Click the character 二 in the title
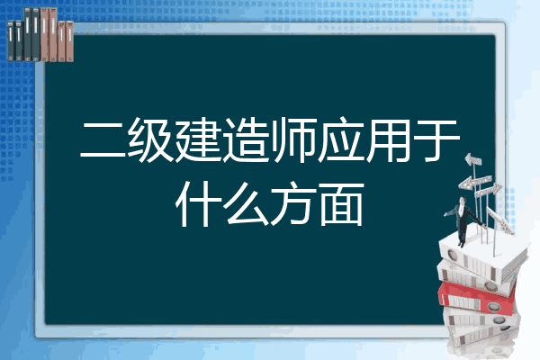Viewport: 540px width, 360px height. [103, 140]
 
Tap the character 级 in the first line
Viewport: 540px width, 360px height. [149, 139]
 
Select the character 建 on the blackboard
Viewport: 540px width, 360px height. [197, 139]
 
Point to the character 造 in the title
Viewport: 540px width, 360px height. [245, 139]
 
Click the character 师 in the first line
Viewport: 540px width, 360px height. [292, 139]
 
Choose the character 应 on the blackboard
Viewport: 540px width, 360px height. [340, 139]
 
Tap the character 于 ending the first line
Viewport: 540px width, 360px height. [437, 140]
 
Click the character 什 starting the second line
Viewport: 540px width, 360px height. [197, 204]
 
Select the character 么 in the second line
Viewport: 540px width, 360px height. [245, 204]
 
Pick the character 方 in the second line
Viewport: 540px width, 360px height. [292, 204]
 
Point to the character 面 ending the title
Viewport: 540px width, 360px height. [341, 204]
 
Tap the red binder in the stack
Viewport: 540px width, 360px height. [477, 299]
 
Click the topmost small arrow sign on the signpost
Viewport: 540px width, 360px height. [472, 159]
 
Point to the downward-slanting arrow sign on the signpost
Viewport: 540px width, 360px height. [499, 220]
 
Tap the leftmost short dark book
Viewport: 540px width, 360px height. [11, 41]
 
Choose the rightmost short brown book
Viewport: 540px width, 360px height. [69, 41]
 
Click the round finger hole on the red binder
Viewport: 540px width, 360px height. [493, 306]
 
